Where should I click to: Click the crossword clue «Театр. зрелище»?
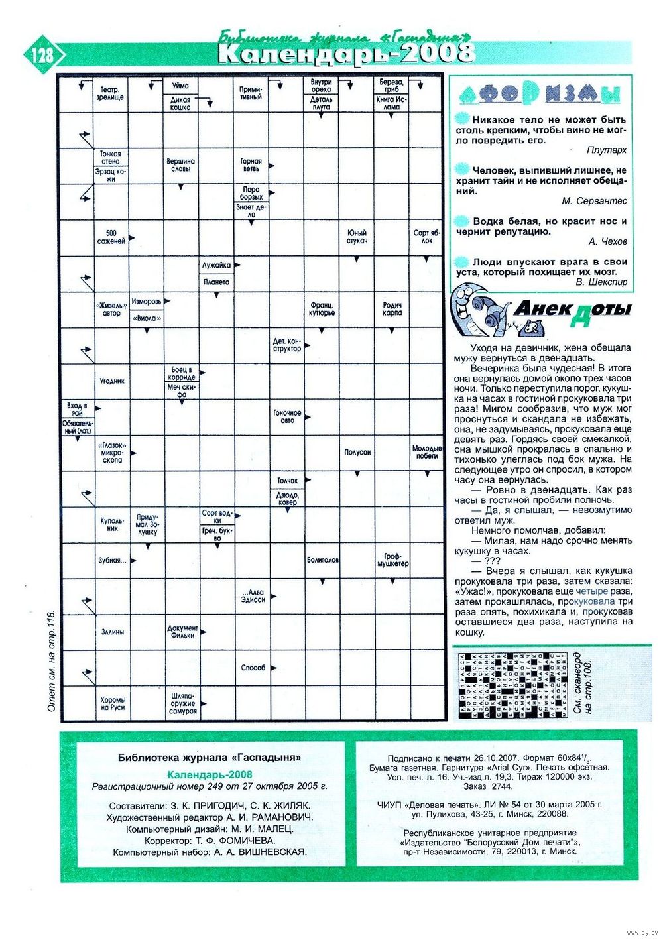(x=111, y=93)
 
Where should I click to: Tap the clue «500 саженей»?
(x=111, y=237)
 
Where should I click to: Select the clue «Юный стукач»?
(x=357, y=237)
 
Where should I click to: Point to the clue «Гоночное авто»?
(x=287, y=416)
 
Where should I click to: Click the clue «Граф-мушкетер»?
(x=392, y=560)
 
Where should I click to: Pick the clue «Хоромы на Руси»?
(x=112, y=703)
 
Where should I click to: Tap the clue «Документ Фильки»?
(x=182, y=632)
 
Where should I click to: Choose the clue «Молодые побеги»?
(x=427, y=452)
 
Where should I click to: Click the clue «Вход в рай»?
(x=76, y=408)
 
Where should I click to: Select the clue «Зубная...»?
(x=112, y=560)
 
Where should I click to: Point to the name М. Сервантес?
(x=594, y=201)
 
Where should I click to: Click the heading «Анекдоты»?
(x=572, y=310)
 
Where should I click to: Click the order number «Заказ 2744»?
(x=488, y=786)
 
